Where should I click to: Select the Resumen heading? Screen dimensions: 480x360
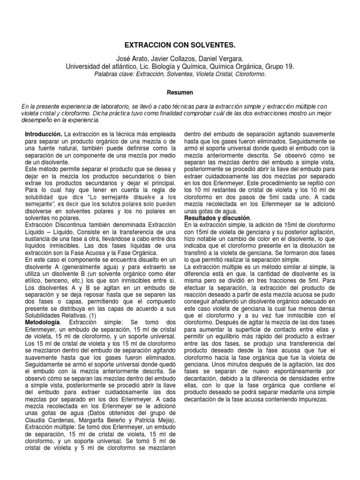click(180, 92)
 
